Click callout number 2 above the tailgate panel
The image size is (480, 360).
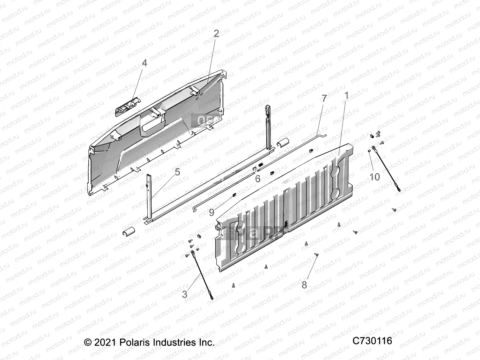tap(216, 33)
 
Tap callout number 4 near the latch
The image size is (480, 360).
tap(144, 63)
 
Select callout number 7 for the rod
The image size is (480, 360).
tap(324, 98)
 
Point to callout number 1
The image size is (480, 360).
tap(346, 96)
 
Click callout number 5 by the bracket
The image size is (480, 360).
tap(177, 172)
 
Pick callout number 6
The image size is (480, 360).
tap(258, 179)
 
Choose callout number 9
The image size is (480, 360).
tap(212, 212)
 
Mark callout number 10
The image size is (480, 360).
tap(375, 177)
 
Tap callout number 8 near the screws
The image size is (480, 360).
tap(305, 285)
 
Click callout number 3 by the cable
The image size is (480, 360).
tap(185, 294)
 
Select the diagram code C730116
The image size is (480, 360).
tap(372, 341)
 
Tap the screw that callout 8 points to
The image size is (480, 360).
tap(316, 255)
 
